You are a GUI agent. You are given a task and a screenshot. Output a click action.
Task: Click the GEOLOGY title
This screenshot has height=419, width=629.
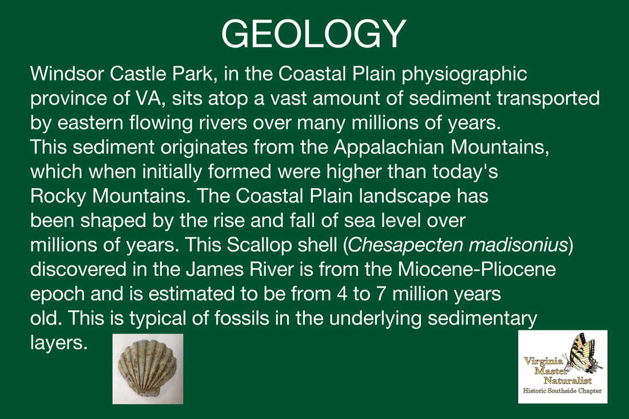coord(313,34)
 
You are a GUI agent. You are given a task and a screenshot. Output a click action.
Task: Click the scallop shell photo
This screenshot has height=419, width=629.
coord(148,368)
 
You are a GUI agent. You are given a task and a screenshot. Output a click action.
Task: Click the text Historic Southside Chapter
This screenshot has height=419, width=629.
coord(563,392)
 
